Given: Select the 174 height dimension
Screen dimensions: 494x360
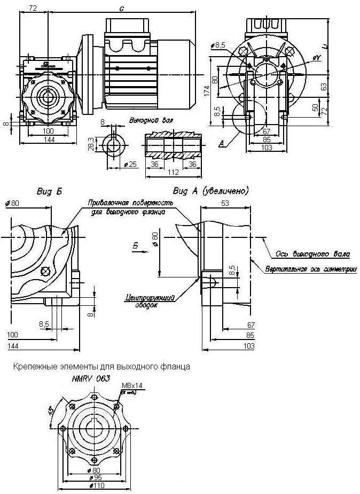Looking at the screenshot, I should tap(207, 91).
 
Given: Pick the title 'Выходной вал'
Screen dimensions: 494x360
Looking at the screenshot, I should tap(151, 120).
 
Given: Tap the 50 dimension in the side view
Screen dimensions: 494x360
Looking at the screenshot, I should tap(315, 108).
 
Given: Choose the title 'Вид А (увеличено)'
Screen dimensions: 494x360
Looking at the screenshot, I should tap(211, 190).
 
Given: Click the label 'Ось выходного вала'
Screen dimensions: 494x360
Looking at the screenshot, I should tap(313, 253).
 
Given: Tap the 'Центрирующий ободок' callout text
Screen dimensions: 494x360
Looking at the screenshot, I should tap(146, 301).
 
